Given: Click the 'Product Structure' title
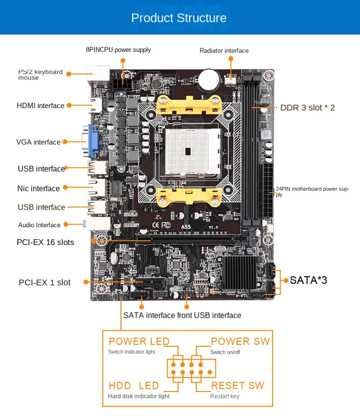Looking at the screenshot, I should pyautogui.click(x=179, y=18).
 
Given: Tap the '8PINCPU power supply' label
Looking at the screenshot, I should pyautogui.click(x=118, y=50).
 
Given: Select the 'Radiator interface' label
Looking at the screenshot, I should pyautogui.click(x=224, y=50).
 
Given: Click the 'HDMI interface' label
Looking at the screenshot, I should pyautogui.click(x=41, y=106).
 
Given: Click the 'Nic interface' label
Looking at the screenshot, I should pyautogui.click(x=39, y=188).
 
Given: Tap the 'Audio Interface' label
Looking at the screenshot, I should pyautogui.click(x=39, y=225).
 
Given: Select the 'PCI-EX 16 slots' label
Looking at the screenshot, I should pyautogui.click(x=45, y=242).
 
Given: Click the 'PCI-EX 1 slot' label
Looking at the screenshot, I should pyautogui.click(x=45, y=282).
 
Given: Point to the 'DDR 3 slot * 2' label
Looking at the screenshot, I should pyautogui.click(x=308, y=108).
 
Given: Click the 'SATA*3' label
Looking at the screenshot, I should pyautogui.click(x=309, y=280).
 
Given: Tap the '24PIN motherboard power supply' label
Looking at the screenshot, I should pyautogui.click(x=312, y=191).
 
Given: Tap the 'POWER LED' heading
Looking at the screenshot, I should pyautogui.click(x=139, y=341).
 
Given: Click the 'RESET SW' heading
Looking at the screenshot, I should pyautogui.click(x=237, y=386).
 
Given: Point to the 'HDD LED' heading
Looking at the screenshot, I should pyautogui.click(x=134, y=386).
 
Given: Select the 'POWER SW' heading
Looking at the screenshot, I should pyautogui.click(x=240, y=341).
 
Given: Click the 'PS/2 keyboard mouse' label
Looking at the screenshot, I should pyautogui.click(x=40, y=75).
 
